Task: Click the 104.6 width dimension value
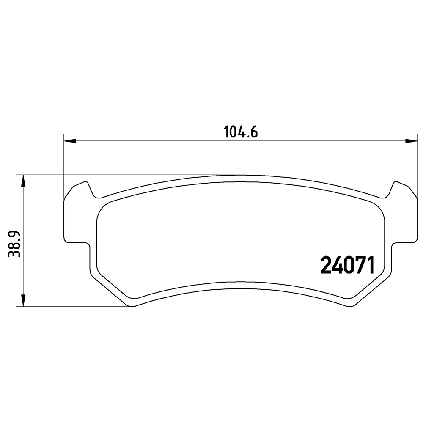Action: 241,132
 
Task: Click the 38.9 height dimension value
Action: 14,244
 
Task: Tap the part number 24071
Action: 347,265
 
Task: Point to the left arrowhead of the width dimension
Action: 70,141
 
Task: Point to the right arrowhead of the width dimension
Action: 412,141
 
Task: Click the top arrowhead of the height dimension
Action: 23,181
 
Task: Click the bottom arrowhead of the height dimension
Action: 23,300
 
